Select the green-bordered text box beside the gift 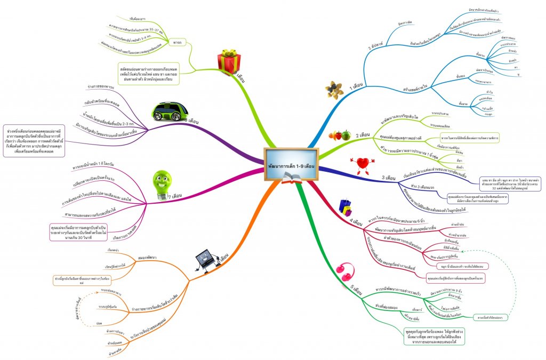(x=148, y=74)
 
